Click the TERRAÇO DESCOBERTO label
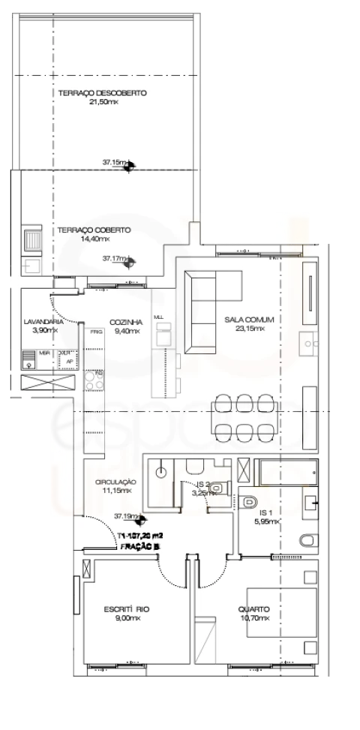tap(102, 93)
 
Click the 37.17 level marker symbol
tap(129, 262)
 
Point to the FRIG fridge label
tap(95, 331)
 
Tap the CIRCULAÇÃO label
tap(115, 482)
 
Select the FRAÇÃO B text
tap(139, 548)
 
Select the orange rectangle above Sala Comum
tap(300, 229)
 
